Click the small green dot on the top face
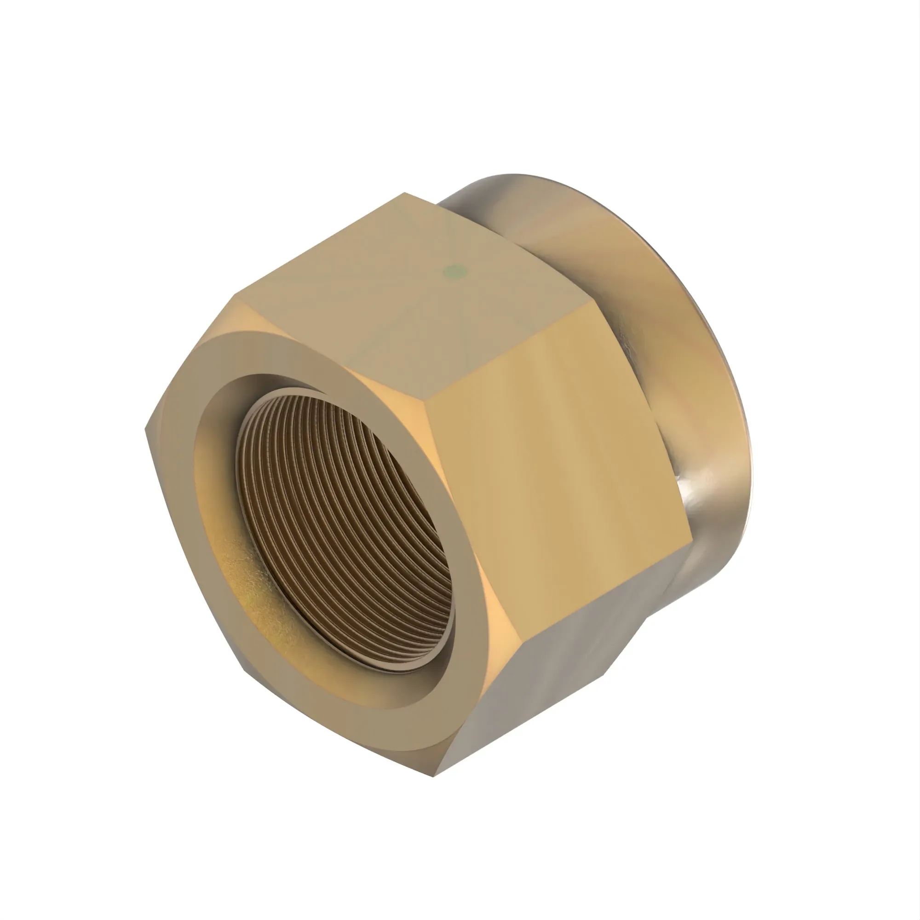click(455, 272)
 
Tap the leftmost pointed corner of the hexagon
click(146, 429)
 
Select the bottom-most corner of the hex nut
click(434, 776)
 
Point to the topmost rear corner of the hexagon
click(405, 193)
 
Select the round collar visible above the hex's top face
click(481, 200)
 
